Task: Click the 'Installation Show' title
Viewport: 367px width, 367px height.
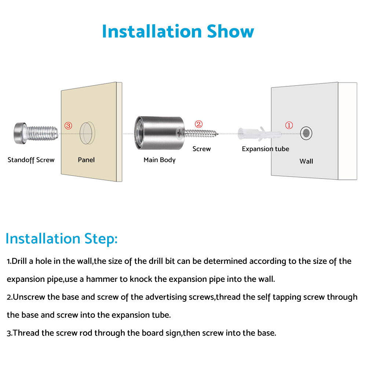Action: [178, 31]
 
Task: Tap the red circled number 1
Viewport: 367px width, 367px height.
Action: [289, 125]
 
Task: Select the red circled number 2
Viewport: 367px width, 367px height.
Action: [199, 124]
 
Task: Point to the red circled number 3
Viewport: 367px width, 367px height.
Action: [68, 126]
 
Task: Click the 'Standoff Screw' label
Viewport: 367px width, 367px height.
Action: [31, 160]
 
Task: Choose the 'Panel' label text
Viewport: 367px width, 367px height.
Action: [86, 160]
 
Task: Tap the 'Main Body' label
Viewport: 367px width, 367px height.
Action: [159, 160]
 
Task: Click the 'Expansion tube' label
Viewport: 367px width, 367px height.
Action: [265, 149]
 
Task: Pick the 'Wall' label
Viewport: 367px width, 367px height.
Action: [306, 161]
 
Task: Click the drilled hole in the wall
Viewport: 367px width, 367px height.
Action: [306, 133]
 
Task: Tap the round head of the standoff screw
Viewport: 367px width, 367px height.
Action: [20, 133]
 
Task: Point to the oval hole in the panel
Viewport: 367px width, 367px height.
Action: [87, 133]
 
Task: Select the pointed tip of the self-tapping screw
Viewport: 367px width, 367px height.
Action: [218, 134]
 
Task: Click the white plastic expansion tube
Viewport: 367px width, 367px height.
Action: [259, 134]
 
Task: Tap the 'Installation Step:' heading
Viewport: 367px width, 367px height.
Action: [62, 239]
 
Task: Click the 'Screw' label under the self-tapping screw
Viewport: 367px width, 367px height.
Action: [201, 149]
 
